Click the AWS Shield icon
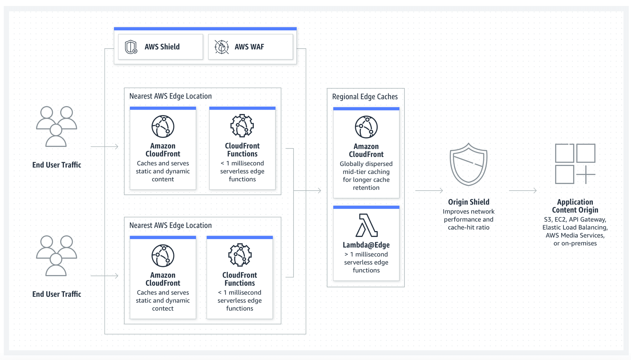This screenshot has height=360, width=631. point(131,47)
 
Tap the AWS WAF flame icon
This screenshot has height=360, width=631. point(222,47)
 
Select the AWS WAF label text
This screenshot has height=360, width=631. point(249,47)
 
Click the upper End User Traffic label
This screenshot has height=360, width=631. point(57,165)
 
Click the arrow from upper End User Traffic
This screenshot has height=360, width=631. point(105,147)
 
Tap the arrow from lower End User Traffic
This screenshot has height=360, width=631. point(105,276)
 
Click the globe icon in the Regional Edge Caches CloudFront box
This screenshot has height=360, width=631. point(366,127)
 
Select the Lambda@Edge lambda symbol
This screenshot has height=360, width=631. point(366,225)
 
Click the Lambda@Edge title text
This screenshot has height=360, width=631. point(366,245)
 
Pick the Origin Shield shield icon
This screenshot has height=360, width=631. point(469,164)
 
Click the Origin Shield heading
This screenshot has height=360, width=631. point(469,202)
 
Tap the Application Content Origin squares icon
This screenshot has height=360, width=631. point(575,164)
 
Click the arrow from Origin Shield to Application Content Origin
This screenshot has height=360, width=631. point(523,190)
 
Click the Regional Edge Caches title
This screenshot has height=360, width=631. point(365,97)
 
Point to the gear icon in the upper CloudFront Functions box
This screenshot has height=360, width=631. point(242,126)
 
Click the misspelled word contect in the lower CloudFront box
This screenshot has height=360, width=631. point(163,308)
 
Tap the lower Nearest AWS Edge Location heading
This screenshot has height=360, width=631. point(171,225)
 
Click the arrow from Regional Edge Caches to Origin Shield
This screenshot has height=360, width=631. point(429,190)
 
